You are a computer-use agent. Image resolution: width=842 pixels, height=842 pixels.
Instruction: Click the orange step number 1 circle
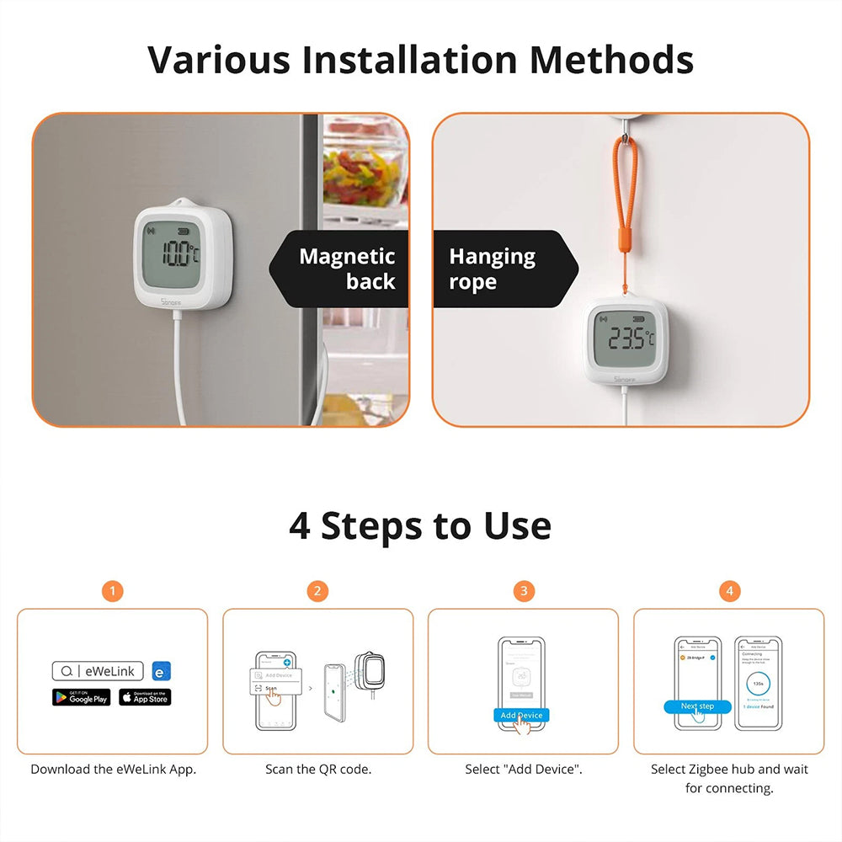click(x=112, y=591)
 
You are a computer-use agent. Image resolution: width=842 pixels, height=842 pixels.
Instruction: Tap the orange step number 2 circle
click(x=317, y=591)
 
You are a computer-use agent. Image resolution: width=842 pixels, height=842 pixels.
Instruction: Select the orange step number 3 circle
click(x=523, y=591)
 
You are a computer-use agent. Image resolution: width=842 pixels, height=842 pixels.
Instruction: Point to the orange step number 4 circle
click(x=729, y=591)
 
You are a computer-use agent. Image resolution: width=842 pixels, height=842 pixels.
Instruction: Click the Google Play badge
click(x=82, y=697)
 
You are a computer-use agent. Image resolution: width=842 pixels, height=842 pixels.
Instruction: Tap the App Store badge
click(x=145, y=697)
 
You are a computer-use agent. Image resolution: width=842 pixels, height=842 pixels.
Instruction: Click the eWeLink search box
click(x=97, y=671)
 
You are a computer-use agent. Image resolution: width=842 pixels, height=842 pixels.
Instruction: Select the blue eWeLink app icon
click(x=162, y=671)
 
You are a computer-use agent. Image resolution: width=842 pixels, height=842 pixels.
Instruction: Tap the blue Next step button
click(x=697, y=706)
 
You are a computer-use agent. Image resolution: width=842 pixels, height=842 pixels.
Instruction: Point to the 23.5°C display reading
click(x=631, y=338)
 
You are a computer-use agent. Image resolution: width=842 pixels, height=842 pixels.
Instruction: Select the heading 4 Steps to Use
click(x=420, y=525)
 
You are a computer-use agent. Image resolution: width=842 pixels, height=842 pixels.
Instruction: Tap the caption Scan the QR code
click(x=318, y=769)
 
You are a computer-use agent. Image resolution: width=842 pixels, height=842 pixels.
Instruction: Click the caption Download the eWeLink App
click(x=113, y=769)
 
